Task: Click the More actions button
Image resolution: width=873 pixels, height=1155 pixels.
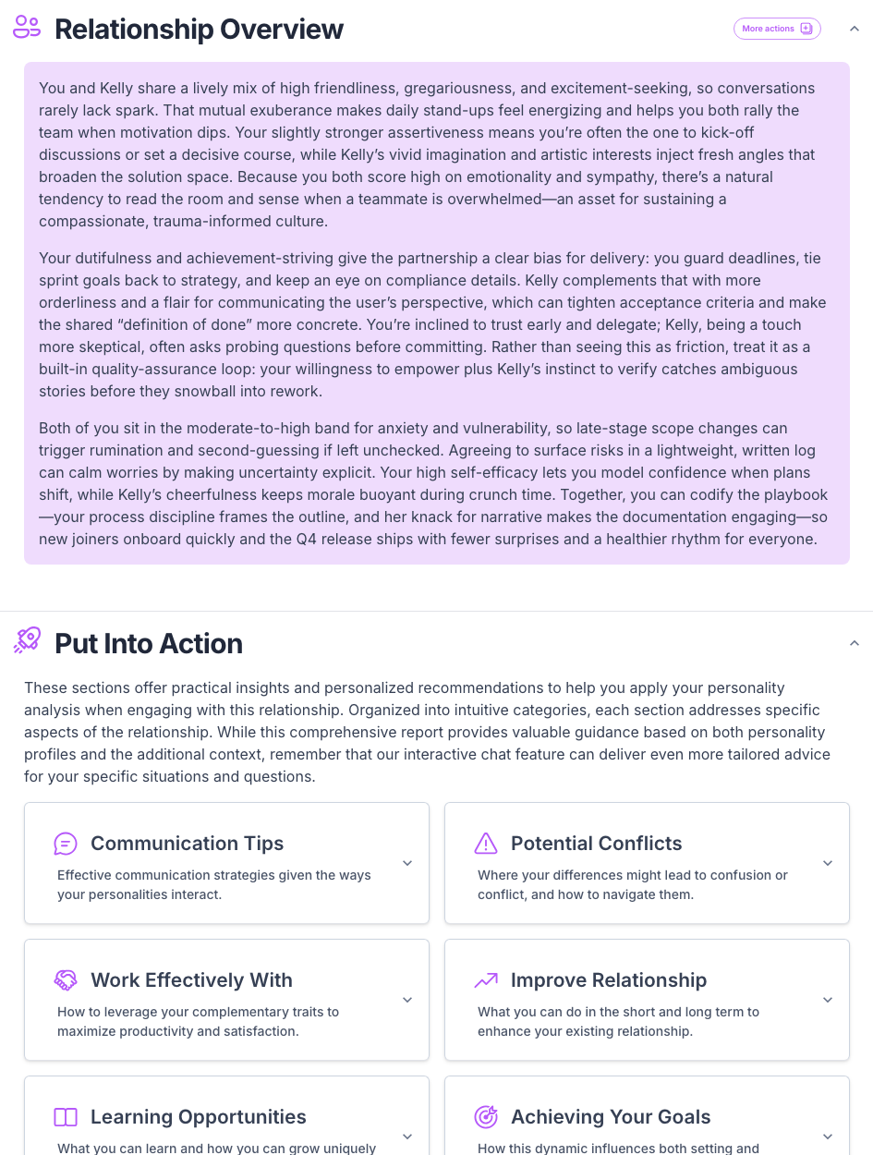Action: click(777, 29)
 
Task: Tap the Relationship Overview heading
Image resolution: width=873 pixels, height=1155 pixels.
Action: click(199, 30)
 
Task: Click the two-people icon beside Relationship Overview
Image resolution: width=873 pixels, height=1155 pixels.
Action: click(27, 28)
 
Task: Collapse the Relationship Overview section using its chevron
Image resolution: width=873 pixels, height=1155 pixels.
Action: click(855, 29)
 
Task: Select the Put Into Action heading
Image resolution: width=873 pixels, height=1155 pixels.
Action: click(148, 643)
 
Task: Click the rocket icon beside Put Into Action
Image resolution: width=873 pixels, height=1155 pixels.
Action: click(27, 640)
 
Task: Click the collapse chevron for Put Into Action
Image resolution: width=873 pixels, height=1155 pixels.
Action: click(855, 643)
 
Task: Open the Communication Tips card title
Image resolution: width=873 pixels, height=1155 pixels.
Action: click(187, 844)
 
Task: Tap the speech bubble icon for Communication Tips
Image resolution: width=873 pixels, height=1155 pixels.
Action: click(66, 844)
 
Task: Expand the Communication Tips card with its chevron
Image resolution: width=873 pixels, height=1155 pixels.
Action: click(407, 863)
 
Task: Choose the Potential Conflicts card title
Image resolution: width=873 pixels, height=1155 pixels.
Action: click(596, 844)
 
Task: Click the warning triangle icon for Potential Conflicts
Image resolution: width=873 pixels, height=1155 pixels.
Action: click(486, 844)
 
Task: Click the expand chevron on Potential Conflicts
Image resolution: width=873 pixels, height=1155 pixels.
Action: click(828, 863)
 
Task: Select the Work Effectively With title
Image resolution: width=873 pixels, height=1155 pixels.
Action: click(191, 980)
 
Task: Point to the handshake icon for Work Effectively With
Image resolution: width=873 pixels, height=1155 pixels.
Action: click(66, 980)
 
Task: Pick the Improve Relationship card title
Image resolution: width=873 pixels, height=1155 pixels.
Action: click(608, 980)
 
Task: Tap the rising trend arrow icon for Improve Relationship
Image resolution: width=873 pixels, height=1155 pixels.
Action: click(486, 980)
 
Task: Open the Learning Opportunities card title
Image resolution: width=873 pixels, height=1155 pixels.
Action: click(198, 1117)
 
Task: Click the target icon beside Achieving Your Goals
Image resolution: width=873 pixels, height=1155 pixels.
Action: click(486, 1117)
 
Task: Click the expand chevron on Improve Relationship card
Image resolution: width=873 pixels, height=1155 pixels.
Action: click(828, 1000)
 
